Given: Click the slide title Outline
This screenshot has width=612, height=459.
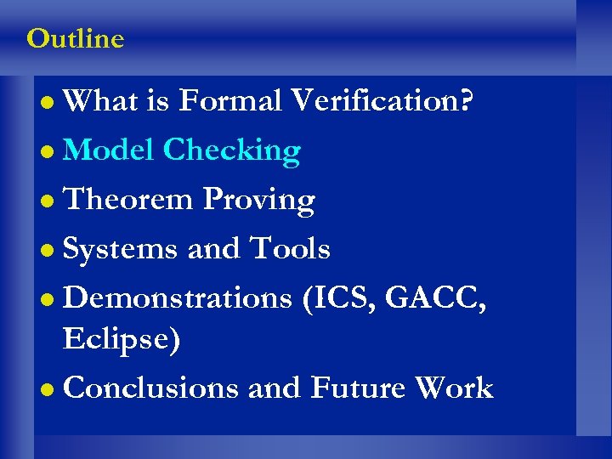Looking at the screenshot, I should coord(75,39).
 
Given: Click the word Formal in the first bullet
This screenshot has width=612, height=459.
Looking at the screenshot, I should coord(230,102).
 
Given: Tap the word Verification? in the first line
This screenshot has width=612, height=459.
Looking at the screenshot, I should coord(382,102).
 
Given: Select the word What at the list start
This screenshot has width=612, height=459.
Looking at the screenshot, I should coord(101,102).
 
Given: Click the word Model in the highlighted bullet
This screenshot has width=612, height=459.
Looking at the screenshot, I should coord(109,150).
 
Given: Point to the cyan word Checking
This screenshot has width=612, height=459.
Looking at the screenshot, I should coord(231,150).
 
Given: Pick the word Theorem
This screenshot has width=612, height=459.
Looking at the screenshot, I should coord(129,200).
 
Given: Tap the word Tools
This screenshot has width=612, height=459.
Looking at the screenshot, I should coord(289,249).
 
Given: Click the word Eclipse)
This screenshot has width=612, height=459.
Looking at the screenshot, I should coord(122,340).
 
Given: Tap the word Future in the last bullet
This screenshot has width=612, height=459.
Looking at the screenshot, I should coord(358,388).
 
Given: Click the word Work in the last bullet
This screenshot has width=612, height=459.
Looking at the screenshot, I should coord(454,388).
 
